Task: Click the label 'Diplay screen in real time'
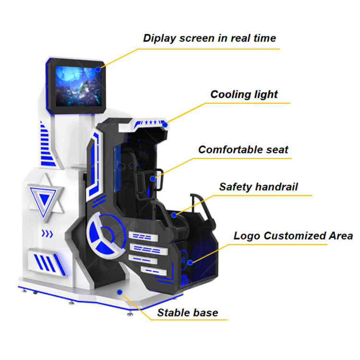click(x=209, y=38)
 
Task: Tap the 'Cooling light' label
click(x=244, y=94)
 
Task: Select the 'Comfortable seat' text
click(x=243, y=149)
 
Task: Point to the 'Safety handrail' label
click(x=259, y=187)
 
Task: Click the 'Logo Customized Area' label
click(x=293, y=236)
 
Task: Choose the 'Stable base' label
click(x=188, y=313)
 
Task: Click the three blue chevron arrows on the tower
click(x=47, y=234)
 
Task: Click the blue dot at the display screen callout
click(x=98, y=69)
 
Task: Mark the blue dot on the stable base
click(x=120, y=291)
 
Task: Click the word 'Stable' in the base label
click(x=173, y=313)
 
